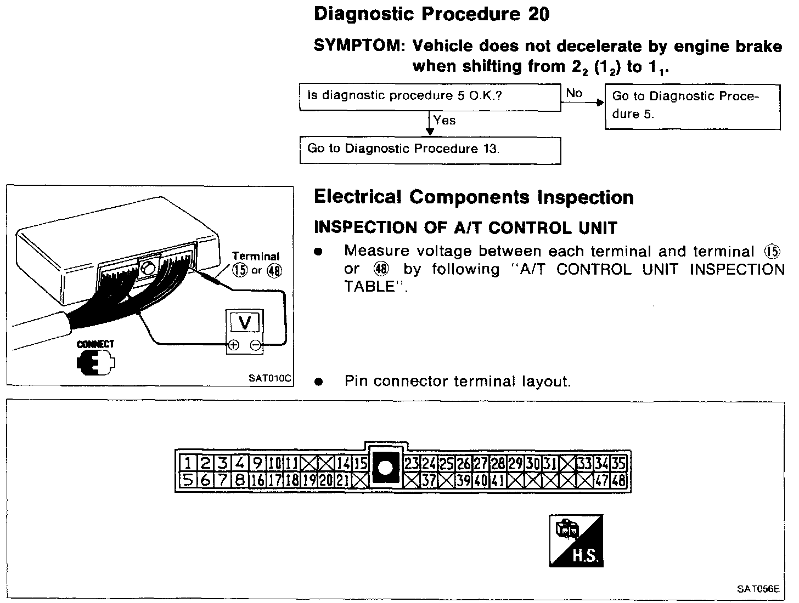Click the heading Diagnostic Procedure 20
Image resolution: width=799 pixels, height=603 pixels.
point(431,15)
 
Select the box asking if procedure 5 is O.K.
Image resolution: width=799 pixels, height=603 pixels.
point(430,96)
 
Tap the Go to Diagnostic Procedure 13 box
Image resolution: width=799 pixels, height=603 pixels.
point(430,150)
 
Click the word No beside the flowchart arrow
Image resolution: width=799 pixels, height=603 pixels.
point(574,93)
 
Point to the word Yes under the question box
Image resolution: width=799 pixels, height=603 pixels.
point(444,121)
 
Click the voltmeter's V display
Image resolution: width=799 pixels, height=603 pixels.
point(245,323)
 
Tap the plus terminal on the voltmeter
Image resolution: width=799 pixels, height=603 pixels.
point(233,345)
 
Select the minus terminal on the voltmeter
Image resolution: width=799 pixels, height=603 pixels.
point(255,345)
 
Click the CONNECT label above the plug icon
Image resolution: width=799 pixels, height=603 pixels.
point(95,344)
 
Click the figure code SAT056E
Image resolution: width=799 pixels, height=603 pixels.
point(758,589)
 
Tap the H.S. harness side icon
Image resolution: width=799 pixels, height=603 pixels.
point(576,541)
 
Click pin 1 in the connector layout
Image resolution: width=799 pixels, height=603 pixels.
point(188,464)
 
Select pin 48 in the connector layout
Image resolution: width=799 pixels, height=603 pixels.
point(618,481)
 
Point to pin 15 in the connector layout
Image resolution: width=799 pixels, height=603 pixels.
point(360,464)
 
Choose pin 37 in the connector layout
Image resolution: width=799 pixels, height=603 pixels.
point(429,481)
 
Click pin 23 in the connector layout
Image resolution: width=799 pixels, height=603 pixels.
point(412,464)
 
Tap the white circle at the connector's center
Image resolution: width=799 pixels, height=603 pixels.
point(386,468)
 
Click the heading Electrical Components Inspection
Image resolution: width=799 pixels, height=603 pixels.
point(474,197)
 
